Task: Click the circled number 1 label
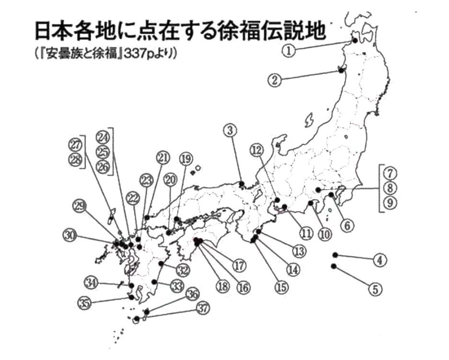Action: tap(288, 49)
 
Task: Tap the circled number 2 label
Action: tap(275, 80)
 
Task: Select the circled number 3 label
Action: tap(230, 130)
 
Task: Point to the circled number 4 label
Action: tap(379, 261)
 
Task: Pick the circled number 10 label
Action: tap(324, 234)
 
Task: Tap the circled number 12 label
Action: tap(257, 150)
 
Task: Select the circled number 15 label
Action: tap(281, 287)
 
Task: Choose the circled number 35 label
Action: tap(85, 303)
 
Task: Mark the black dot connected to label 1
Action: tap(355, 41)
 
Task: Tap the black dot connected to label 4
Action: tap(335, 255)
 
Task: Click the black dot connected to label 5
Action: tap(334, 266)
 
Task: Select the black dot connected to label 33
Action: tap(154, 282)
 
